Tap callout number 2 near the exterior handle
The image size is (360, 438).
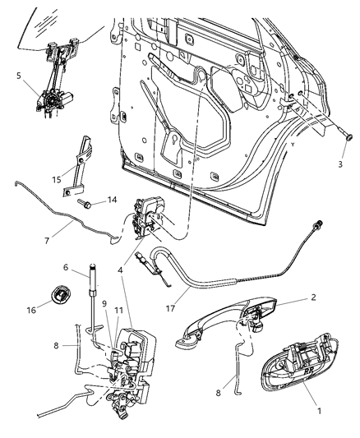point(312,299)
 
